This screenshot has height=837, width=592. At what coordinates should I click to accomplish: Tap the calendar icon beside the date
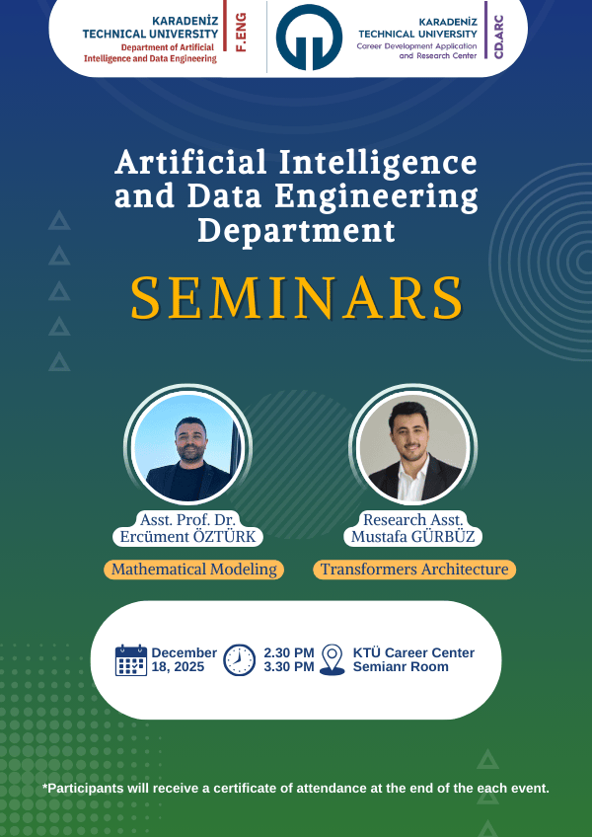click(131, 659)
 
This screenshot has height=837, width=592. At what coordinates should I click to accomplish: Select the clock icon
click(239, 659)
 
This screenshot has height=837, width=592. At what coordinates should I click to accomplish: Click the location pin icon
click(333, 659)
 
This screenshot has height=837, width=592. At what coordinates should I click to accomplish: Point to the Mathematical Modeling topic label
click(193, 570)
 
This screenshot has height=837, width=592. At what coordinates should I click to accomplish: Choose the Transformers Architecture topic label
click(414, 570)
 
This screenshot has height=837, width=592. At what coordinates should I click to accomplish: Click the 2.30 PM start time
click(288, 652)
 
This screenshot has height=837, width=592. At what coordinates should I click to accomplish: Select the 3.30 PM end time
click(288, 667)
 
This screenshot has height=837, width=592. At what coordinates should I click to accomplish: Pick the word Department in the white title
click(296, 231)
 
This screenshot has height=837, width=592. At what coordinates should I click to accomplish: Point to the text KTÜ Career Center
click(413, 652)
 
